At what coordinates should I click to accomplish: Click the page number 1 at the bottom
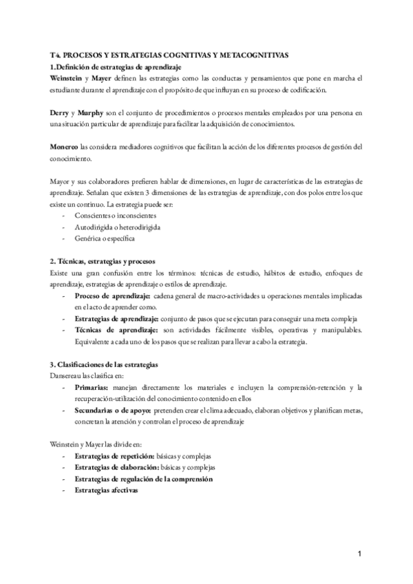click(360, 554)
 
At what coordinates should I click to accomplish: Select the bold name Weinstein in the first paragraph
click(65, 79)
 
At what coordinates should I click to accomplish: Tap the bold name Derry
click(61, 112)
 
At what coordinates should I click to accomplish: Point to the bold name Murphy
click(92, 112)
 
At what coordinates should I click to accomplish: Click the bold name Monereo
click(64, 146)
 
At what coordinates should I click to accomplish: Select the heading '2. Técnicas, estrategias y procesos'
click(103, 262)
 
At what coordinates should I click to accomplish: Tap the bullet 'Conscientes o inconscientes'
click(110, 215)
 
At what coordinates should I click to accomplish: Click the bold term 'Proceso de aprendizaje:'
click(112, 295)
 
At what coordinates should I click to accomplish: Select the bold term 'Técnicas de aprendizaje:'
click(114, 330)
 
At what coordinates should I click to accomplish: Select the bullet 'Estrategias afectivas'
click(106, 490)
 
